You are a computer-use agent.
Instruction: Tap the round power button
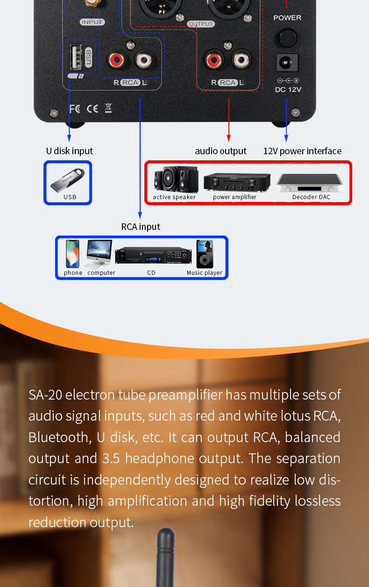tap(287, 37)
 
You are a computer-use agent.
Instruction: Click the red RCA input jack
tap(116, 60)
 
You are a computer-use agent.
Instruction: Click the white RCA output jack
tap(241, 59)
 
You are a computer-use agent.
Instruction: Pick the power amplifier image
tap(237, 181)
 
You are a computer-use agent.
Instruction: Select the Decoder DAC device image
tap(311, 183)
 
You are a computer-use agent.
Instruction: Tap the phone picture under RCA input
tap(72, 254)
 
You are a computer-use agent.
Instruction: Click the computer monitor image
tap(99, 253)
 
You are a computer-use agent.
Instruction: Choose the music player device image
tap(204, 254)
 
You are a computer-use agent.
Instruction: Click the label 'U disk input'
tap(69, 151)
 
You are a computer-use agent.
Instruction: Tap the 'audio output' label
tap(220, 151)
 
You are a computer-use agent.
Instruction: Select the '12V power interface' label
tap(302, 151)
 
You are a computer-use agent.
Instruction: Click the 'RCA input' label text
tap(141, 227)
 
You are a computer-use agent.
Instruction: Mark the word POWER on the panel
tap(287, 18)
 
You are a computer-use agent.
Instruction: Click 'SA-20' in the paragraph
tap(45, 395)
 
